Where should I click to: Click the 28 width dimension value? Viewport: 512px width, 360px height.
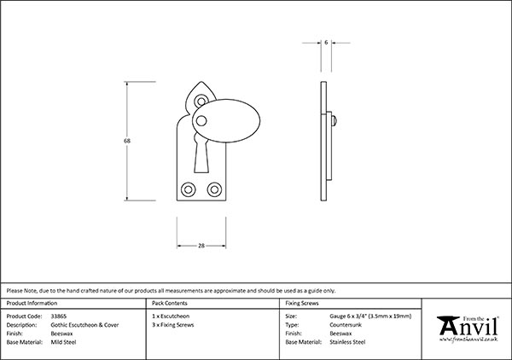[x=201, y=246]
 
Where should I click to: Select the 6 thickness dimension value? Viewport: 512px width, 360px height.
[x=326, y=40]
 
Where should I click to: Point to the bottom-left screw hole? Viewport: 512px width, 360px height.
[x=189, y=188]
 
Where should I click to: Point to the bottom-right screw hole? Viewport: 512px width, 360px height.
[x=212, y=188]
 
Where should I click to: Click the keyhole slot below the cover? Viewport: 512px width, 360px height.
[x=201, y=159]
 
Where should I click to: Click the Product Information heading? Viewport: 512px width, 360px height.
[x=32, y=303]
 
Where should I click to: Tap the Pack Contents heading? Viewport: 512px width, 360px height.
[x=168, y=303]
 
